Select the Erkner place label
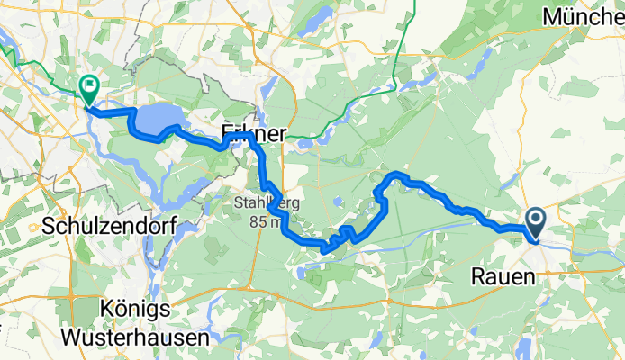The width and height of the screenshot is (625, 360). [x=254, y=134]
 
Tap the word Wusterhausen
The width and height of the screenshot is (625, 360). [x=135, y=338]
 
